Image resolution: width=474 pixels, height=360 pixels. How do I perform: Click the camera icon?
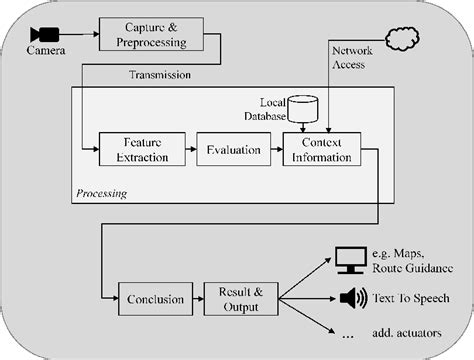tap(43, 33)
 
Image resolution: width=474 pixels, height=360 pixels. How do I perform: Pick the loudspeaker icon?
tap(353, 298)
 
